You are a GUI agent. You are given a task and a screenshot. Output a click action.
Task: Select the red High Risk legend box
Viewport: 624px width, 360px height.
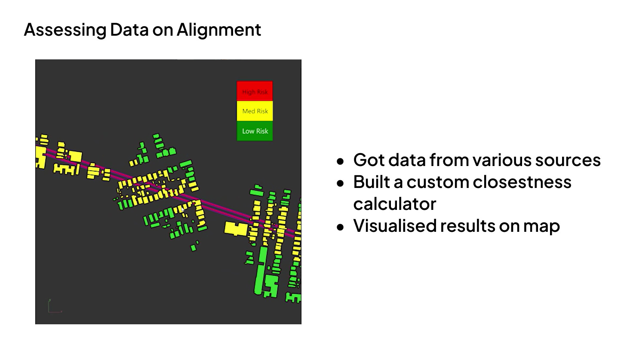pyautogui.click(x=255, y=91)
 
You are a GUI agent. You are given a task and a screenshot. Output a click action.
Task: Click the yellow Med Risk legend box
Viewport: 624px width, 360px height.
pyautogui.click(x=255, y=111)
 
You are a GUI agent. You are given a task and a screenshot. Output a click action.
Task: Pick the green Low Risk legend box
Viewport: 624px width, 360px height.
pyautogui.click(x=255, y=131)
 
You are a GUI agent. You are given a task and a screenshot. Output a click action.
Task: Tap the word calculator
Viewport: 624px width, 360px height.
pyautogui.click(x=394, y=204)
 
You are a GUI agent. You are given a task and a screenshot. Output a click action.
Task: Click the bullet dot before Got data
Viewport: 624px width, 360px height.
pyautogui.click(x=341, y=161)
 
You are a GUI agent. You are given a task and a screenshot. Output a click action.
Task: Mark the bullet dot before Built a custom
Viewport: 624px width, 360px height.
pyautogui.click(x=341, y=183)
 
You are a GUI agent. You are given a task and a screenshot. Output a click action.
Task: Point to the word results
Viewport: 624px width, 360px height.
pyautogui.click(x=467, y=226)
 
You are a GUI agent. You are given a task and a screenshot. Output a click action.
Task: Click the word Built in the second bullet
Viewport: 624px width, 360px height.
pyautogui.click(x=370, y=182)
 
